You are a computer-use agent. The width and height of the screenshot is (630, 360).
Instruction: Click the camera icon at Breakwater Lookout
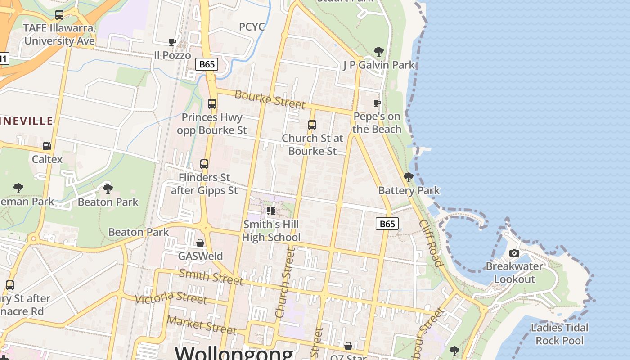[514, 253]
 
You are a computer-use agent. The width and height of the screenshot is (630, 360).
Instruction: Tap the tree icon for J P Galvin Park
[378, 51]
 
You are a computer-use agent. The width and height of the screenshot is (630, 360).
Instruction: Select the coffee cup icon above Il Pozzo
[172, 42]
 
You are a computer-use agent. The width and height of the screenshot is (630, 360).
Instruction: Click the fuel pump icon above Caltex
[47, 146]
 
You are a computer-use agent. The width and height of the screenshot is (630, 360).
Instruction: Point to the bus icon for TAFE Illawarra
[59, 15]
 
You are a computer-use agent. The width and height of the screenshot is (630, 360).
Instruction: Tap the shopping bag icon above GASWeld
[200, 243]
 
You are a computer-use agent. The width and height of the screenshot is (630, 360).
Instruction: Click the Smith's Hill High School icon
[270, 211]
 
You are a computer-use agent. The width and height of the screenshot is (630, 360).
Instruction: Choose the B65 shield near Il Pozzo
[207, 64]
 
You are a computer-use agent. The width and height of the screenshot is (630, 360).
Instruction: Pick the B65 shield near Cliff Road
[387, 224]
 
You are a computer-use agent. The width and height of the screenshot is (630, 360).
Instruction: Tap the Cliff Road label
[431, 243]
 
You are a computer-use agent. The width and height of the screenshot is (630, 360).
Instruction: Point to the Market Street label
[202, 325]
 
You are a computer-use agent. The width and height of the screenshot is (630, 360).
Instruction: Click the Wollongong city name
[234, 352]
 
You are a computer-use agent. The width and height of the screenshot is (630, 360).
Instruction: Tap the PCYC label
[252, 27]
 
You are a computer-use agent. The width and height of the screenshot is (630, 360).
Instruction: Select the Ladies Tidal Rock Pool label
[559, 334]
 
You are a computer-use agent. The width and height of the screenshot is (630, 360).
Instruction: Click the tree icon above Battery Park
[408, 177]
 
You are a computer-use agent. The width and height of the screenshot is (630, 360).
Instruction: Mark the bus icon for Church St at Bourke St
[312, 125]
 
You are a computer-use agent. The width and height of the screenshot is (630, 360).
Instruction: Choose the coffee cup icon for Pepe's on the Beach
[377, 103]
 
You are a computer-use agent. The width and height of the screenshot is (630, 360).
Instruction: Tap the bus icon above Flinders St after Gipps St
[204, 164]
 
